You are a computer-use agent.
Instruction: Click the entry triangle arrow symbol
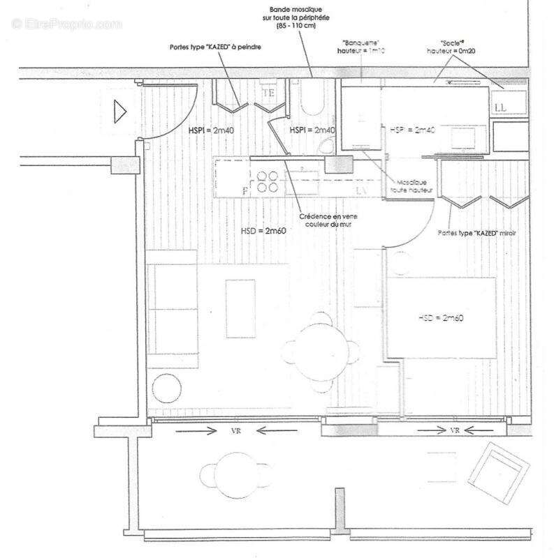(x=119, y=110)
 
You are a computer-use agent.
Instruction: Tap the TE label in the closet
(x=268, y=93)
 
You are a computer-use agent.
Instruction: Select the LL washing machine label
(x=500, y=107)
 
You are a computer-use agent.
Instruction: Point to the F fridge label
(x=245, y=190)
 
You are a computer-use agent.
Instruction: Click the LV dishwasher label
(x=362, y=190)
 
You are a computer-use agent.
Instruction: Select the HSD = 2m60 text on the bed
(x=442, y=317)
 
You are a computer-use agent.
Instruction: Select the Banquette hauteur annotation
(x=360, y=47)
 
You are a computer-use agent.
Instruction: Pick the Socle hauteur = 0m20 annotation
(x=455, y=47)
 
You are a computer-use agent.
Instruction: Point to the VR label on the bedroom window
(x=454, y=430)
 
